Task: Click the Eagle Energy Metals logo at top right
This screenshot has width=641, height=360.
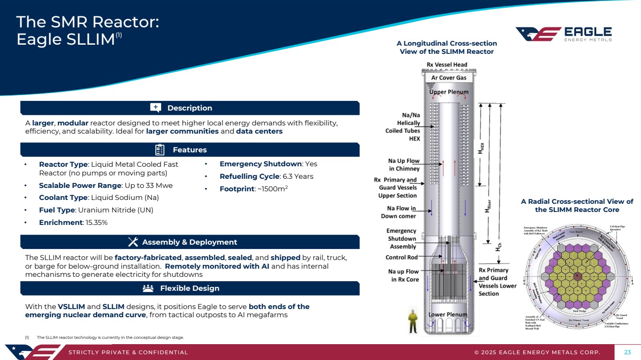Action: [x=564, y=34]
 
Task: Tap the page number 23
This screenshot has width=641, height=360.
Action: [x=627, y=352]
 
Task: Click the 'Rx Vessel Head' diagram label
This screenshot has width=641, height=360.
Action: [x=447, y=65]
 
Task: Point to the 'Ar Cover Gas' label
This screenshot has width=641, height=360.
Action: [x=449, y=77]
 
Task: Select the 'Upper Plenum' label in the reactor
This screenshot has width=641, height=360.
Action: [x=449, y=92]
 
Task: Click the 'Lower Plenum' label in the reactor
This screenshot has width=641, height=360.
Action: [x=448, y=315]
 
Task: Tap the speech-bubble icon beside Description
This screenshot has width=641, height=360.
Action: [x=156, y=108]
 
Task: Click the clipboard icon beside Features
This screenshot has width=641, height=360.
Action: [x=161, y=150]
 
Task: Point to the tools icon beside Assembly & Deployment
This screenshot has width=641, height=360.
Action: [x=133, y=242]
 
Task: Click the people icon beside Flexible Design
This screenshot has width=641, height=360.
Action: [x=148, y=288]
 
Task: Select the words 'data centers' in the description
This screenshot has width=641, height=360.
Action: [x=259, y=131]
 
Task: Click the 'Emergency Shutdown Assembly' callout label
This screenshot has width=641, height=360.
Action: [x=402, y=239]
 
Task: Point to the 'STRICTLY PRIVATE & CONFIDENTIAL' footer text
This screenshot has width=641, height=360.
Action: [x=128, y=352]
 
